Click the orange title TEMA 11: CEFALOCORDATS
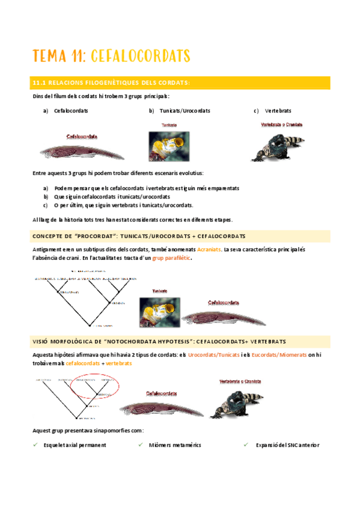click(x=111, y=56)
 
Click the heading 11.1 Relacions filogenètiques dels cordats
click(x=111, y=82)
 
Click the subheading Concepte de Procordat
click(x=138, y=235)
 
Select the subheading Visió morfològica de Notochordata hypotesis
click(x=159, y=342)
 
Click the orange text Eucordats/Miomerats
click(x=278, y=355)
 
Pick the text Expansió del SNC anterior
click(x=287, y=445)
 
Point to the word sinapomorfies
click(x=109, y=431)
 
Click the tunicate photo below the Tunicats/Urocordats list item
click(x=169, y=146)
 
